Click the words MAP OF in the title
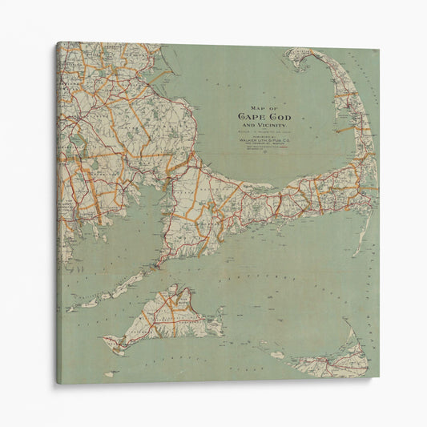tap(264, 107)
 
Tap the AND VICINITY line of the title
tap(264, 125)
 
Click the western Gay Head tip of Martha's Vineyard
tap(106, 343)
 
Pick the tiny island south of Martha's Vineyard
tap(110, 374)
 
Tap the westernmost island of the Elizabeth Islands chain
tap(70, 308)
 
